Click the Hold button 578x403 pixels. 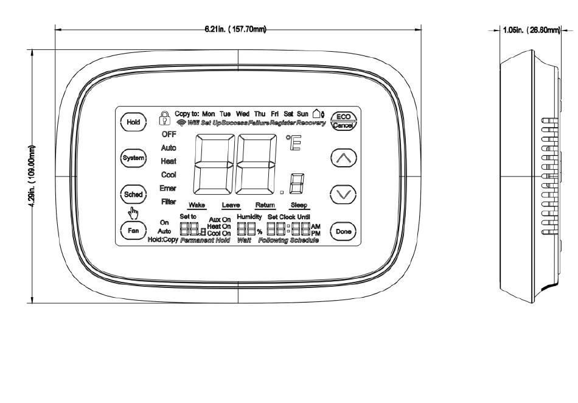point(133,122)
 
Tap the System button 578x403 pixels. point(133,158)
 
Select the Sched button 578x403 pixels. point(133,195)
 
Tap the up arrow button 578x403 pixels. point(342,158)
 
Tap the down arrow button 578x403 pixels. point(342,195)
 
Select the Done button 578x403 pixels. point(342,231)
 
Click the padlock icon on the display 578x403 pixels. point(164,117)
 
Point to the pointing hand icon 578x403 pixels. point(133,213)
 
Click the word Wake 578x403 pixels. point(197,205)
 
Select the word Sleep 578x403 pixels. point(299,205)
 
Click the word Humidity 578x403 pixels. point(249,217)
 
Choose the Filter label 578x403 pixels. point(169,201)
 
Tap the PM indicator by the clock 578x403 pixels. point(315,233)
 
